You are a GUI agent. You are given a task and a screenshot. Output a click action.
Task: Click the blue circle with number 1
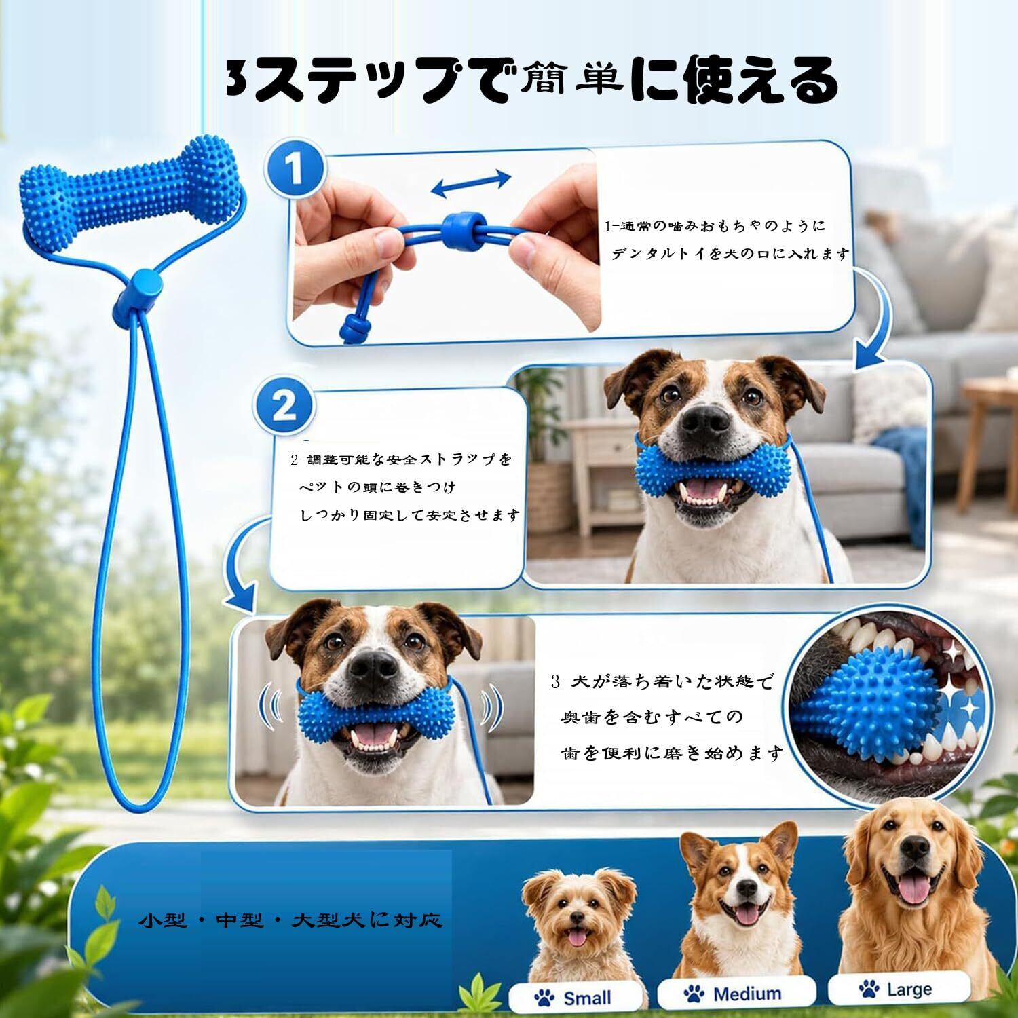[293, 169]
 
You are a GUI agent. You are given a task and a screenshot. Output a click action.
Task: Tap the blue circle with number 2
[284, 406]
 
